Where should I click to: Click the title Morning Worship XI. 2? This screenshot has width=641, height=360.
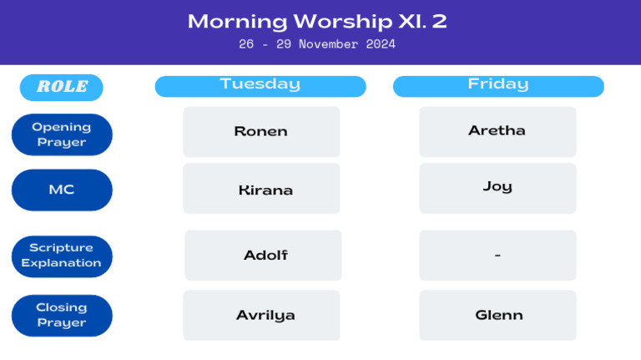click(317, 21)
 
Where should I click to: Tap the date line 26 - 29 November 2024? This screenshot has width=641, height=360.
click(317, 44)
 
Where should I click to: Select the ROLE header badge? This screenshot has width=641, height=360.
click(61, 87)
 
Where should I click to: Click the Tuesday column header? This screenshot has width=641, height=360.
click(260, 86)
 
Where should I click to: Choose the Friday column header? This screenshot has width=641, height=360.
click(498, 86)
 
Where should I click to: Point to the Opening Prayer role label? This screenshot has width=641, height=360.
click(62, 134)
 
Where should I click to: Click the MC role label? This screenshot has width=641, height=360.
click(62, 190)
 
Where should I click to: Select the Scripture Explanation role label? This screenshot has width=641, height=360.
click(62, 256)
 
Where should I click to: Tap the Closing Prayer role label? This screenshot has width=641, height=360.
click(62, 316)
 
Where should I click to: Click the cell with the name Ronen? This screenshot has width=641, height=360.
click(261, 132)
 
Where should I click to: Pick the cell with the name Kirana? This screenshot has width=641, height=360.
click(261, 188)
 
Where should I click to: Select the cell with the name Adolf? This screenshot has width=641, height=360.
click(263, 256)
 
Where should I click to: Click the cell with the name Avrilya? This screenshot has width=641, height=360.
click(261, 315)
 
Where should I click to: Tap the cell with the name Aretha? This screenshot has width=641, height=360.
click(497, 132)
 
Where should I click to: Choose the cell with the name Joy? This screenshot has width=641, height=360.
click(497, 188)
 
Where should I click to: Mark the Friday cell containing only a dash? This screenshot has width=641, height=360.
click(497, 256)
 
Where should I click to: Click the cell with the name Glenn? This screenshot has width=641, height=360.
click(497, 315)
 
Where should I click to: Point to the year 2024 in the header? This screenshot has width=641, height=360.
click(381, 44)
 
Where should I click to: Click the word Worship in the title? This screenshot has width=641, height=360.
click(343, 22)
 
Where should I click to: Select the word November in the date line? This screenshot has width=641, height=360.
click(328, 44)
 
